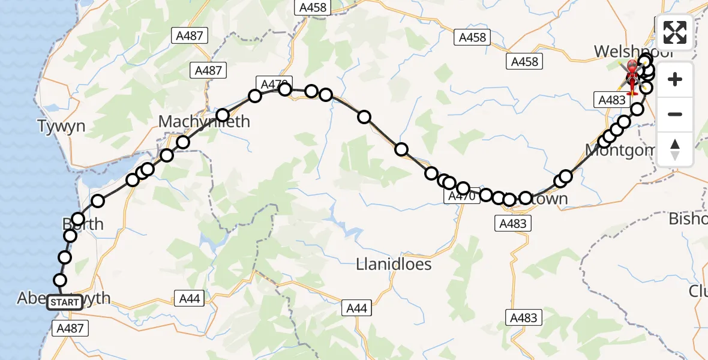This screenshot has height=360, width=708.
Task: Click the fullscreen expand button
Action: point(675,32)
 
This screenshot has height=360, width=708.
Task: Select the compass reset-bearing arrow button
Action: point(675,149)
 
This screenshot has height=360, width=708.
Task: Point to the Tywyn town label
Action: point(61,127)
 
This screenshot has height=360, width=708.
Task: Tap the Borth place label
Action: point(83,224)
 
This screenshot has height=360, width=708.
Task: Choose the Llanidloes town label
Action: point(394,264)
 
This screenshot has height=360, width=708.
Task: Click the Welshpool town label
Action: point(630,52)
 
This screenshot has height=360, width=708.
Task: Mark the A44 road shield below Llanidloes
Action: point(356,308)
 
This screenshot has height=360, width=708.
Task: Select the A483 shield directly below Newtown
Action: point(512,223)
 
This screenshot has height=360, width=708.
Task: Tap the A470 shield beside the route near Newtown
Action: point(461,196)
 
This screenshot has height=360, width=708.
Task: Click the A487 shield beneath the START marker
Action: point(71,328)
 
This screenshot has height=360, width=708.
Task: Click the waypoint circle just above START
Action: point(60,280)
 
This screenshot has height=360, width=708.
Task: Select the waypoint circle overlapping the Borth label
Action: point(78,219)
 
